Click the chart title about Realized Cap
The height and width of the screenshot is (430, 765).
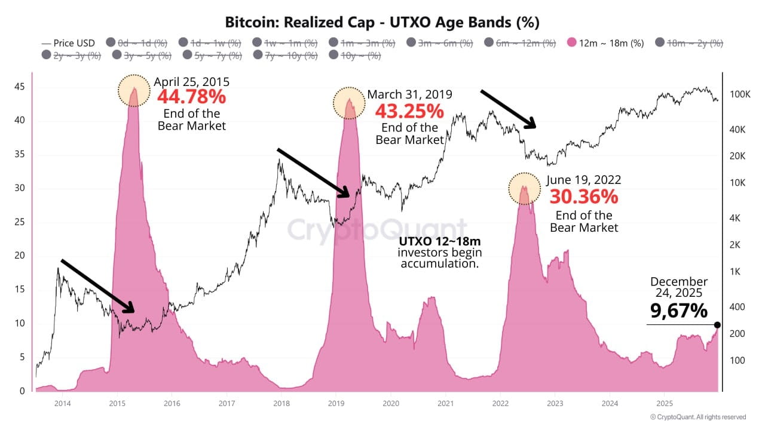pyautogui.click(x=382, y=23)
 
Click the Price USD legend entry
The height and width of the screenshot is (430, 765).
pyautogui.click(x=68, y=43)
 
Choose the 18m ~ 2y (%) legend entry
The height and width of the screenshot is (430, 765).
pyautogui.click(x=690, y=43)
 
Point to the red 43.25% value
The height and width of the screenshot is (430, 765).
pyautogui.click(x=409, y=110)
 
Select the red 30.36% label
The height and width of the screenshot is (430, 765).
pyautogui.click(x=584, y=196)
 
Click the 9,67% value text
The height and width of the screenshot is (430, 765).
pyautogui.click(x=679, y=311)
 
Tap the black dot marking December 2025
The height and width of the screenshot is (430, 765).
pyautogui.click(x=717, y=325)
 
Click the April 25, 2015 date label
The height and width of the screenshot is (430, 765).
pyautogui.click(x=191, y=82)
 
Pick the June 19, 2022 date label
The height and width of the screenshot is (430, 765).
pyautogui.click(x=584, y=180)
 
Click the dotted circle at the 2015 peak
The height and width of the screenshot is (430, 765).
pyautogui.click(x=134, y=91)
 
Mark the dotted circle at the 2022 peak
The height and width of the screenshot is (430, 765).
pyautogui.click(x=524, y=188)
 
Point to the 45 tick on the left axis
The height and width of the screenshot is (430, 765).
pyautogui.click(x=19, y=87)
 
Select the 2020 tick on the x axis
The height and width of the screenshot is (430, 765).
pyautogui.click(x=390, y=404)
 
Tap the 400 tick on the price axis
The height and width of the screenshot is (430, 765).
pyautogui.click(x=736, y=307)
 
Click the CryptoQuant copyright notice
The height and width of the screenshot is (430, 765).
pyautogui.click(x=697, y=417)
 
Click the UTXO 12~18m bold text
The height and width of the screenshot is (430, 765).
pyautogui.click(x=440, y=242)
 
